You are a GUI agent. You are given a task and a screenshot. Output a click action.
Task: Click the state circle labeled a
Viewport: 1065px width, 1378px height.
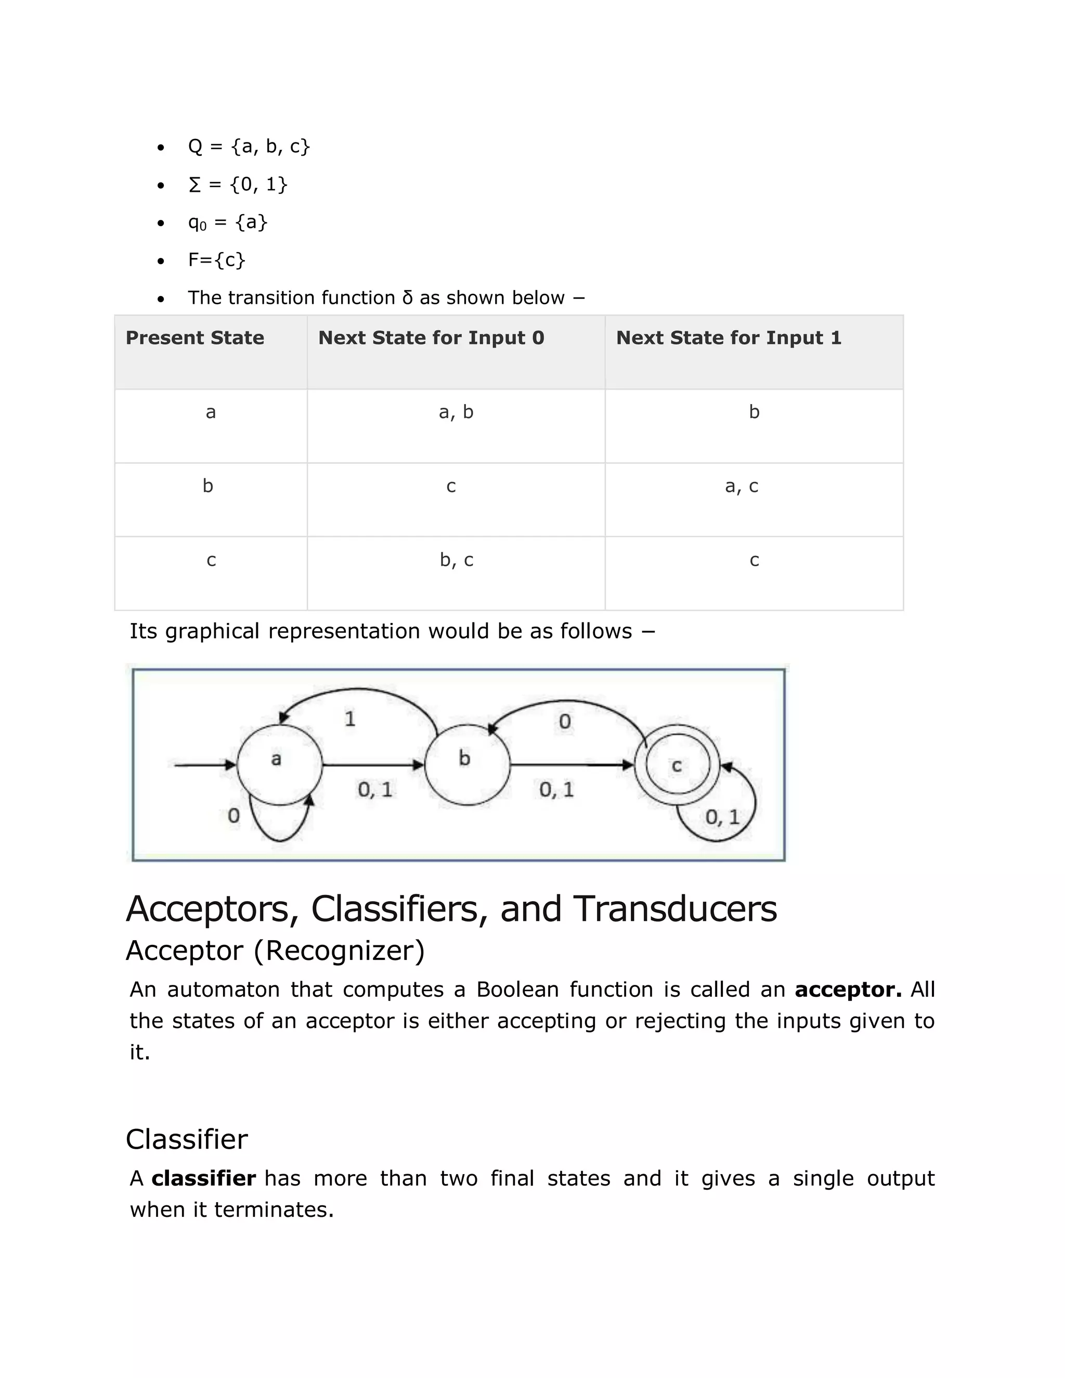(279, 765)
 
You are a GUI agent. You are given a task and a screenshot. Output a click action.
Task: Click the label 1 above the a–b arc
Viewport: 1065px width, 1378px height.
(350, 719)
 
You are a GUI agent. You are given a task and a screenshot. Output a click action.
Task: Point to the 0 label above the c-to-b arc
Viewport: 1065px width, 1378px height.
(565, 721)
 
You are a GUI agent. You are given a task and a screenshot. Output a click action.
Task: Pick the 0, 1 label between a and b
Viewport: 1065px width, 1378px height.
(375, 789)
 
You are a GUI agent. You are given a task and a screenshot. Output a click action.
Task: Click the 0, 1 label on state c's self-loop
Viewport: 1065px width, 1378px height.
(722, 817)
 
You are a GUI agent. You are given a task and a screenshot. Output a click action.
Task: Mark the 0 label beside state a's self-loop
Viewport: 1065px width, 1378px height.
(233, 816)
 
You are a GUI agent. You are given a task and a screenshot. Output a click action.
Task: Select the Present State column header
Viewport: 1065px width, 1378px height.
(195, 338)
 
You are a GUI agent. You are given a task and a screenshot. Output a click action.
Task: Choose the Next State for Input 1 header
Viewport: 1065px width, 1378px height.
(729, 338)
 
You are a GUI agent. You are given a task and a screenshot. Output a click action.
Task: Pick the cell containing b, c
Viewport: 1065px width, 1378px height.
(456, 560)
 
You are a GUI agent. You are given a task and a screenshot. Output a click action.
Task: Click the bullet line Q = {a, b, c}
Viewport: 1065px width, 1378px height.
(249, 147)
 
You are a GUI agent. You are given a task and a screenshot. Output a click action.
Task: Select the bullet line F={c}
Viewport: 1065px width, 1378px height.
(216, 260)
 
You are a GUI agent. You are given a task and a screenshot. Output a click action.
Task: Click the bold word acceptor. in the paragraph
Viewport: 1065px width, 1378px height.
(847, 990)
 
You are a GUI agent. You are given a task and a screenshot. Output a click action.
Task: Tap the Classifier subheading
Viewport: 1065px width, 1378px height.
(187, 1139)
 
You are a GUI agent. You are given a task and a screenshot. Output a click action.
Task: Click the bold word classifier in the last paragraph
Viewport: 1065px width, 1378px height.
(203, 1178)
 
